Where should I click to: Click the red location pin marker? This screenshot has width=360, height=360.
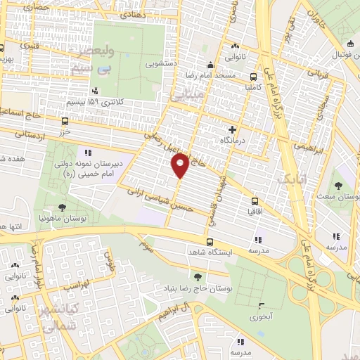pos(180,165)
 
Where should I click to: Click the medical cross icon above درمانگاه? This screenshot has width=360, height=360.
pos(232,129)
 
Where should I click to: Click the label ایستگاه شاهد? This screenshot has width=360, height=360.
pos(209,252)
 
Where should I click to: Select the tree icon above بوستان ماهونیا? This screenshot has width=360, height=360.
pos(63,207)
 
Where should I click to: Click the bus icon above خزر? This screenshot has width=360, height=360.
pos(65,120)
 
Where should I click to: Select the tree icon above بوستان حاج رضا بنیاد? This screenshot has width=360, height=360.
pos(197,276)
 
